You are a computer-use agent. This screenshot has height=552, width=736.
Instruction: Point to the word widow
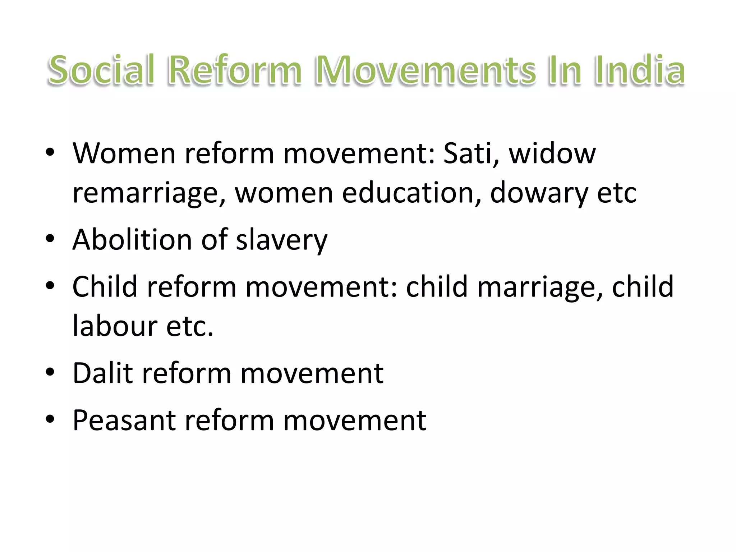[x=552, y=153]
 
